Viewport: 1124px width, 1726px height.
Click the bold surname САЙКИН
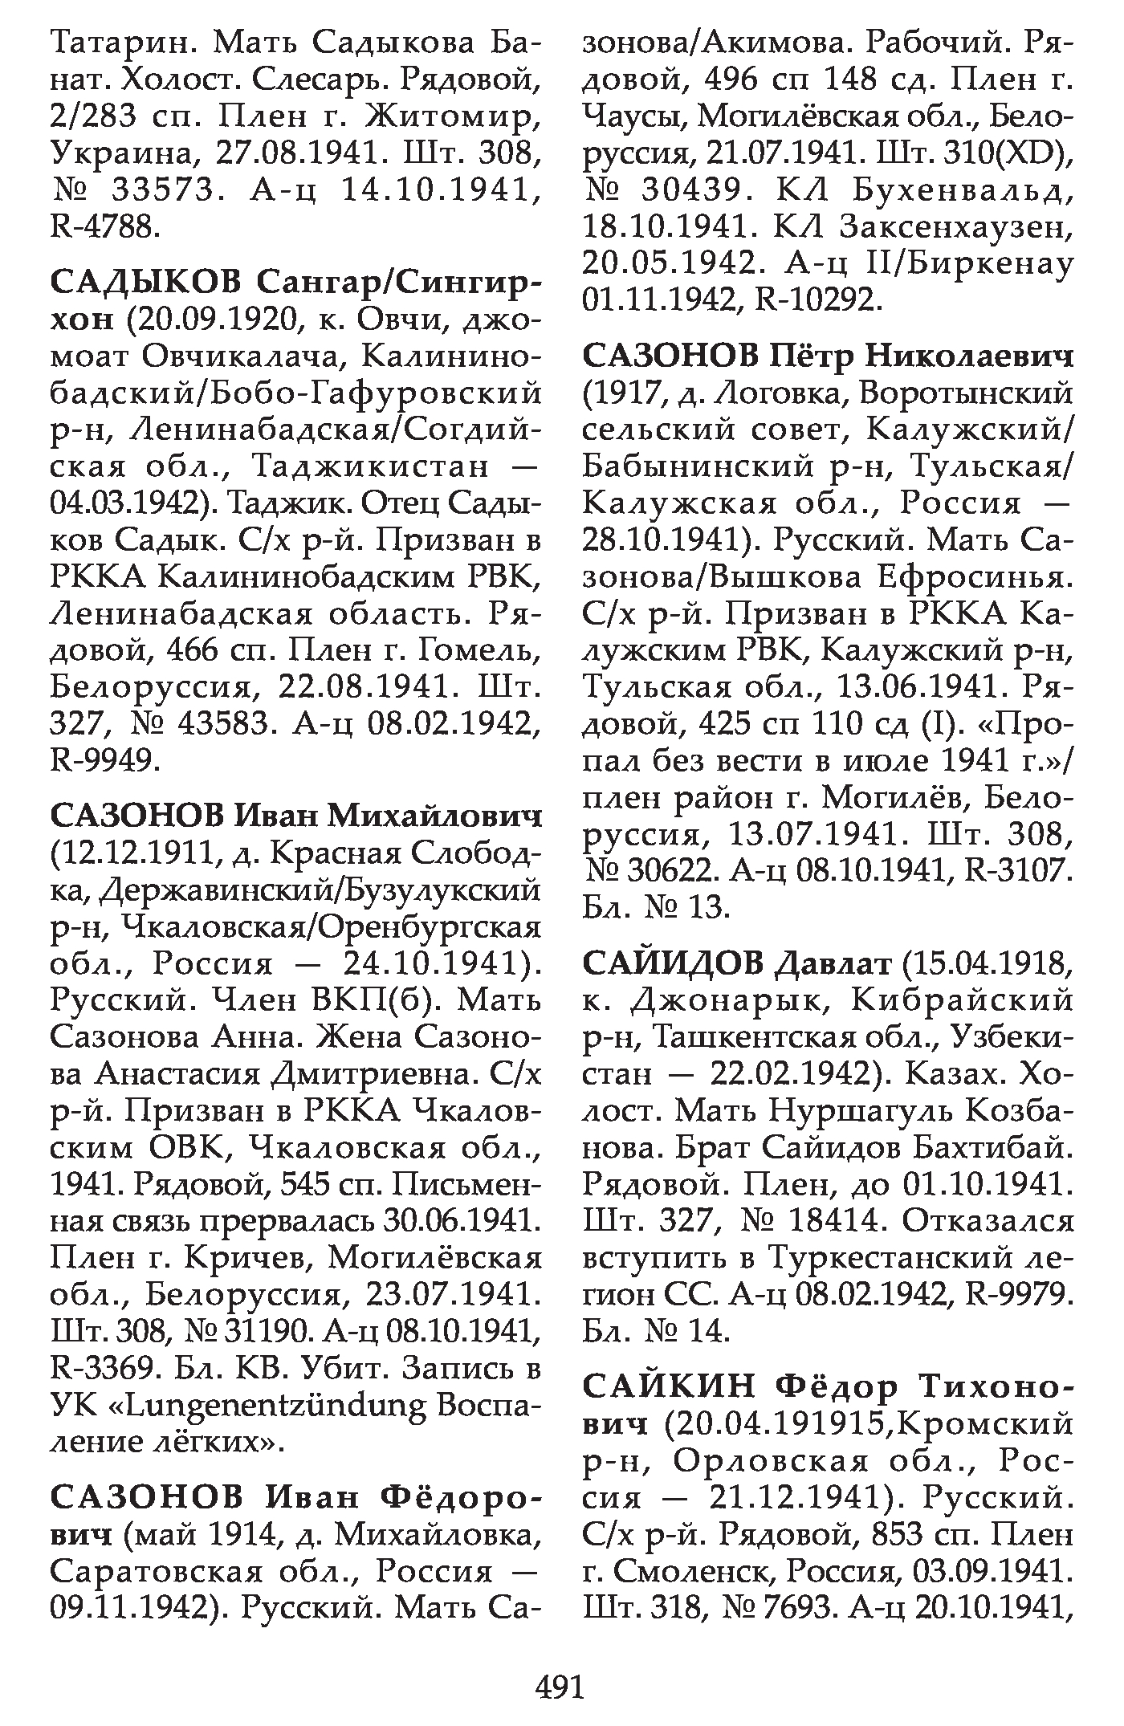pos(669,1386)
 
